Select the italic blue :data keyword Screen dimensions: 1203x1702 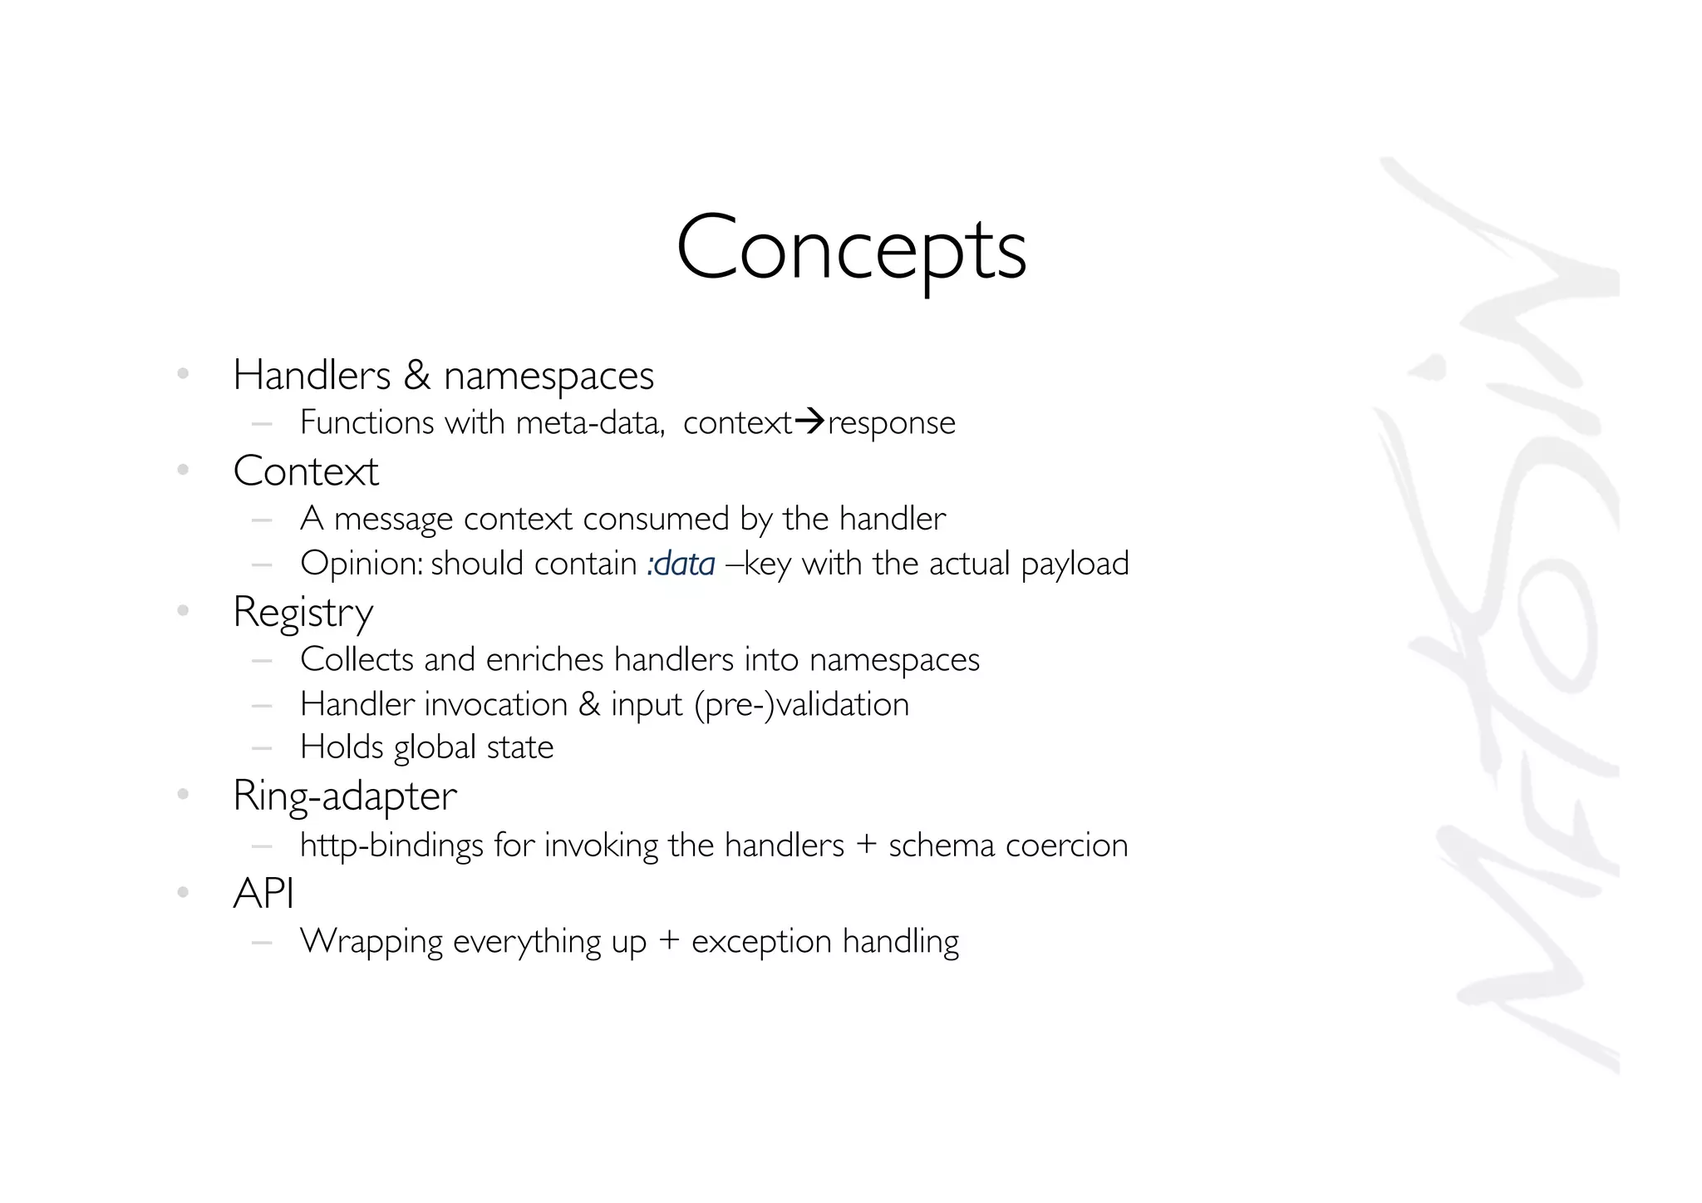coord(681,564)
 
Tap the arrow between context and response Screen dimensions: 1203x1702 coord(809,422)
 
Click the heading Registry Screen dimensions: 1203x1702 coord(303,613)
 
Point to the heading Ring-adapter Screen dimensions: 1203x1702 coord(345,796)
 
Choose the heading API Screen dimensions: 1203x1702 coord(263,894)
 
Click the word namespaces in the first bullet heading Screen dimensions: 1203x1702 coord(548,376)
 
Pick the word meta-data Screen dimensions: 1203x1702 coord(589,423)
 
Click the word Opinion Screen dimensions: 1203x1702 coord(362,565)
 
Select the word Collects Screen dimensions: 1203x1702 coord(357,659)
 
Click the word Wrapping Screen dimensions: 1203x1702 coord(371,942)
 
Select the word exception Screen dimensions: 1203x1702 coord(761,942)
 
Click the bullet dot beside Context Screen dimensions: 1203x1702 coord(184,471)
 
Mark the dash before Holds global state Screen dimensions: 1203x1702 coord(262,747)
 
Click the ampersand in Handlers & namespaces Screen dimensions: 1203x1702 coord(417,376)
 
